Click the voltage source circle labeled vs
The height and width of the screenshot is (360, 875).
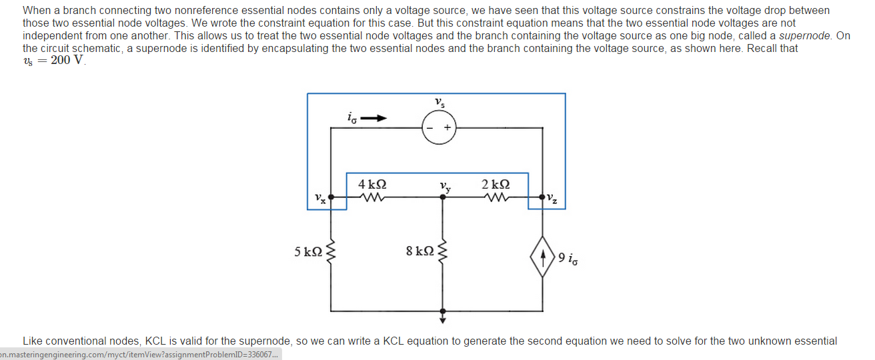(439, 127)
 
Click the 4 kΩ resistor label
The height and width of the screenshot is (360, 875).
(372, 184)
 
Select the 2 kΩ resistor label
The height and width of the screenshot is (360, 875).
(496, 184)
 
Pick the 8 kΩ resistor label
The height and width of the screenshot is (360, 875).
(419, 251)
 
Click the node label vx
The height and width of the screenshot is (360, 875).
(320, 198)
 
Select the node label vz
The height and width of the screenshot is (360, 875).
(552, 198)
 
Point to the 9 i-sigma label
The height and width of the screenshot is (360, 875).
(568, 257)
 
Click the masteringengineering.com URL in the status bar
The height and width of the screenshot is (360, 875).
(139, 354)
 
